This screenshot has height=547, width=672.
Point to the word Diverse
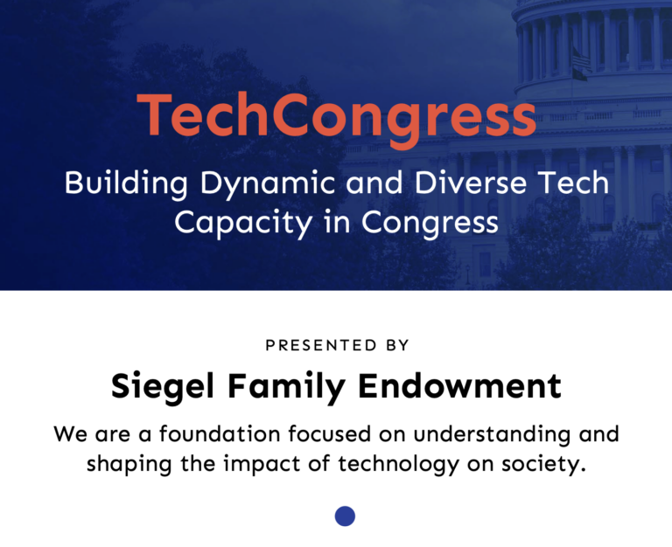click(469, 183)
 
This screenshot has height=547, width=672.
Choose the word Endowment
click(460, 385)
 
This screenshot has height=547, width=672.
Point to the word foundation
click(220, 433)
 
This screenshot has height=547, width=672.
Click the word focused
click(329, 433)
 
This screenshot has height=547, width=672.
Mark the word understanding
click(492, 435)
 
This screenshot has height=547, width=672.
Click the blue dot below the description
click(345, 516)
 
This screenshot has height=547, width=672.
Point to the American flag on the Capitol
click(581, 59)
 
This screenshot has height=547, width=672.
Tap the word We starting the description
click(71, 434)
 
